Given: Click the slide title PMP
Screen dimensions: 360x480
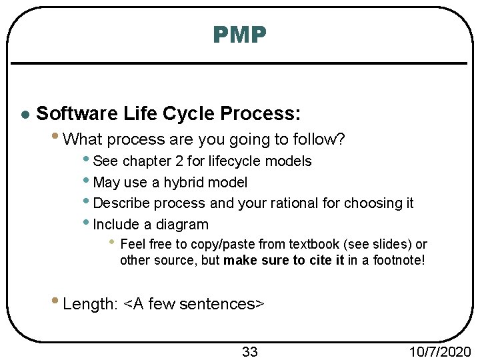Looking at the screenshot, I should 240,35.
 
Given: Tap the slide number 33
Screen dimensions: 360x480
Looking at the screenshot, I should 249,351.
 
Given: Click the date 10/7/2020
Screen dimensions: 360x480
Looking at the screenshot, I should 441,351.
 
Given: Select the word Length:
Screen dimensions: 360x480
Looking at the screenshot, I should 91,304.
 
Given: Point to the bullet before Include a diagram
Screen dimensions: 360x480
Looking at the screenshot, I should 88,223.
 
